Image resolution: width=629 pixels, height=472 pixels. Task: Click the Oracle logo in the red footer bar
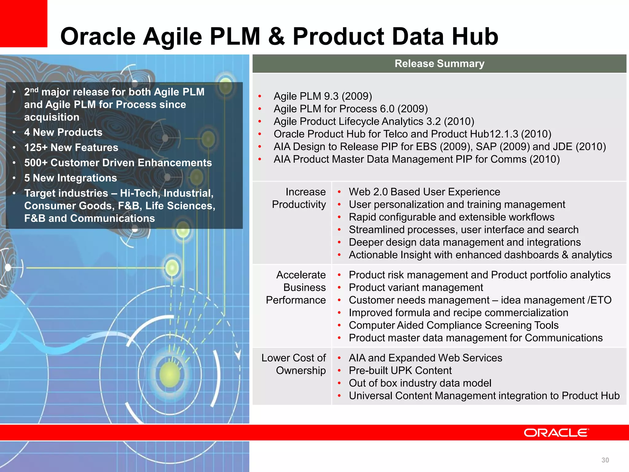556,433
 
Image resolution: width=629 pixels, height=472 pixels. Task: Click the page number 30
605,460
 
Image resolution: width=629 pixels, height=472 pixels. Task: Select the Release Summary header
439,64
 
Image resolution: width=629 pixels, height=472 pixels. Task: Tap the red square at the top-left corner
23,23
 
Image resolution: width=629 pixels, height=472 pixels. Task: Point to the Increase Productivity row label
299,198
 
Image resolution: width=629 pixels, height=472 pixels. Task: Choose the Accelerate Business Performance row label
296,287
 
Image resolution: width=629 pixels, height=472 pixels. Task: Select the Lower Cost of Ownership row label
294,364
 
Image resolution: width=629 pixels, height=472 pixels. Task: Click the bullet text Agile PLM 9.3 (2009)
323,96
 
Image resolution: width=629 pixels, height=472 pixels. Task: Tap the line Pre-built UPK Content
400,371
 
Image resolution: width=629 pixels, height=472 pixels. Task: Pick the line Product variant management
416,288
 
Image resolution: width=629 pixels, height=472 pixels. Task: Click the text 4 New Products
63,132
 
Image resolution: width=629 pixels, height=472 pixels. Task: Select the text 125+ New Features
71,147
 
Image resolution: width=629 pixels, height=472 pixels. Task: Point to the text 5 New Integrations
71,178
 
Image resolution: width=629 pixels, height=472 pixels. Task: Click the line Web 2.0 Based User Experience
424,192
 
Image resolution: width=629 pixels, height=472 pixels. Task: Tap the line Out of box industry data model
420,383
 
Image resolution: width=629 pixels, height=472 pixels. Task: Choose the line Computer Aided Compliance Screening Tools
453,325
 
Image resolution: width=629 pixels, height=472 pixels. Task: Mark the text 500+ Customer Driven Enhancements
118,163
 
